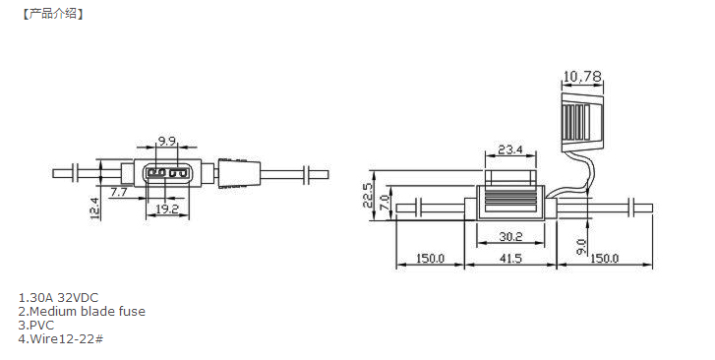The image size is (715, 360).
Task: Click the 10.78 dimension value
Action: click(582, 76)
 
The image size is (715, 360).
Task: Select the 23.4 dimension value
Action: click(510, 150)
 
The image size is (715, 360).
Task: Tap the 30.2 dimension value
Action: click(510, 236)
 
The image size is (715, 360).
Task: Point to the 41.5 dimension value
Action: click(510, 259)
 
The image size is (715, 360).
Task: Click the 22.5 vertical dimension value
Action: click(368, 196)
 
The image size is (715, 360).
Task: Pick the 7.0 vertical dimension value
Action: click(384, 202)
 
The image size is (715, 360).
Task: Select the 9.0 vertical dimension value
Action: click(581, 247)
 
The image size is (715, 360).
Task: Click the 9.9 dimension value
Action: click(167, 141)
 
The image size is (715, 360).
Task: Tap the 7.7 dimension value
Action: click(119, 192)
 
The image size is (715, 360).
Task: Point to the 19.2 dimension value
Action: click(167, 209)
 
